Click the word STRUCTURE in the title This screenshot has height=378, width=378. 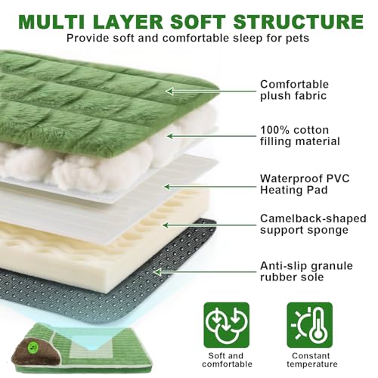(299, 22)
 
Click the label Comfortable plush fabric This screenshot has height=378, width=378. (294, 90)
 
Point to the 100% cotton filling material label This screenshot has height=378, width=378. (300, 135)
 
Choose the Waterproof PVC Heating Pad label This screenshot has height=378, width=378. (305, 184)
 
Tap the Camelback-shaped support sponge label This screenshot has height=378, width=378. (313, 225)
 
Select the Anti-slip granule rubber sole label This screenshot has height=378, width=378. (306, 271)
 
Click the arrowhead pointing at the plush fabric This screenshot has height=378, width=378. (169, 91)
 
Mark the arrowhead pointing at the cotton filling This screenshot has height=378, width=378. (171, 136)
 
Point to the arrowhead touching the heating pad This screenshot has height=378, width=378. (167, 187)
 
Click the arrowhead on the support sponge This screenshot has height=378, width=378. (166, 225)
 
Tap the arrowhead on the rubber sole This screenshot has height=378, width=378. (157, 272)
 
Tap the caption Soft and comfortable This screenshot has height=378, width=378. (227, 360)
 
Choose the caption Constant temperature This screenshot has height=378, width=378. (311, 360)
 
